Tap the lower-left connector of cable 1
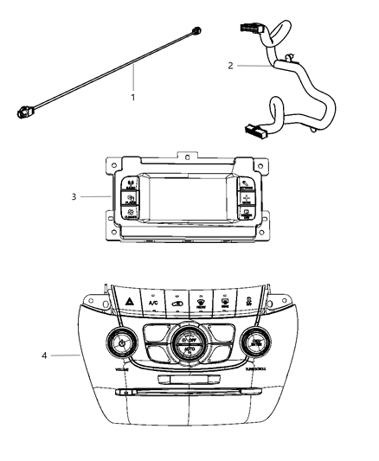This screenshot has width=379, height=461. (x=25, y=112)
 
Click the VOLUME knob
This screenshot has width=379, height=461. (x=121, y=344)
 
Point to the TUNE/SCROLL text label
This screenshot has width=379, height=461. (x=260, y=368)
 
